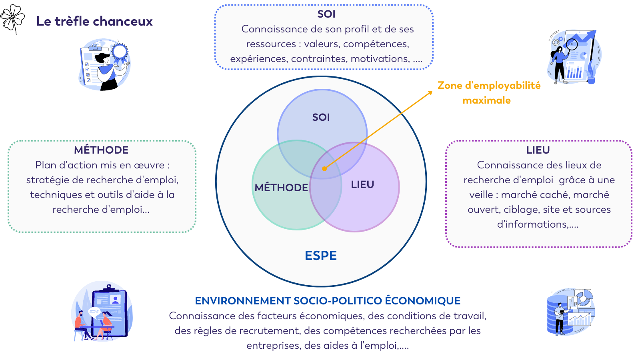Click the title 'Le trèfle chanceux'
click(x=94, y=21)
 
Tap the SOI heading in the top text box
click(x=326, y=14)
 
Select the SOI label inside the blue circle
click(x=321, y=117)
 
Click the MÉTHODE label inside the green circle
click(x=281, y=187)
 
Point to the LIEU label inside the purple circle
click(x=362, y=184)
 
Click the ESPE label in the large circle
click(x=321, y=256)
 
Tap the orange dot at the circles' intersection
click(x=324, y=169)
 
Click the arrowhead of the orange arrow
click(x=430, y=92)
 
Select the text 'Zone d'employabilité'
click(x=489, y=85)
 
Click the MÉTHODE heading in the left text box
click(x=101, y=150)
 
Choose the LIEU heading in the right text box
click(x=538, y=150)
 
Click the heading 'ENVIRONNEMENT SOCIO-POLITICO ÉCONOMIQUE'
click(x=328, y=301)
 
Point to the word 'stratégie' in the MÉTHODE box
click(x=47, y=180)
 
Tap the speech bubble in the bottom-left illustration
click(x=94, y=311)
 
